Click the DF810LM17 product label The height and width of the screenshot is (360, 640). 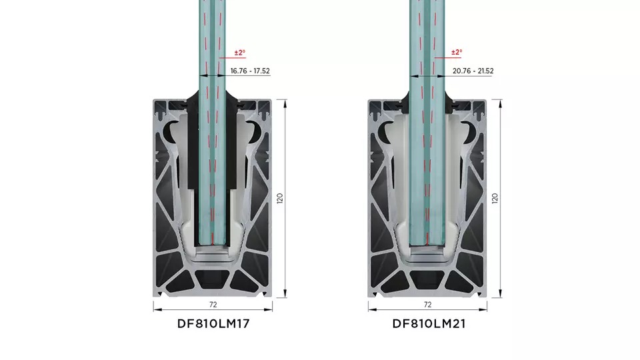(x=213, y=324)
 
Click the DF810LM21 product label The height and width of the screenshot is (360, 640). (x=429, y=324)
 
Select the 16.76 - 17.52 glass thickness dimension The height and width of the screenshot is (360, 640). (x=250, y=71)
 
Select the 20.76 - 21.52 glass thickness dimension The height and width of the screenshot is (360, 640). (x=473, y=71)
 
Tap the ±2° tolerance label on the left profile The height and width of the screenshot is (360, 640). (x=240, y=53)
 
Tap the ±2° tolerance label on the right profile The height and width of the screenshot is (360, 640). (x=457, y=53)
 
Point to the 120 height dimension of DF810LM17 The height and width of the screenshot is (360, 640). (x=280, y=199)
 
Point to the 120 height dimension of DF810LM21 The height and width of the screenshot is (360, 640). (x=495, y=199)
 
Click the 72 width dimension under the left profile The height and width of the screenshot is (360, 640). (x=213, y=305)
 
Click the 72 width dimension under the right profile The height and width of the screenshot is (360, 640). (x=427, y=305)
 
